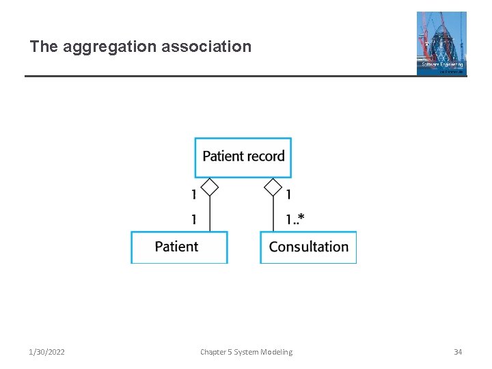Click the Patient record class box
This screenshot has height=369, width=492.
[243, 157]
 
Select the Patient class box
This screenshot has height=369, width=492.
[179, 247]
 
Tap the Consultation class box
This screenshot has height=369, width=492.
[308, 247]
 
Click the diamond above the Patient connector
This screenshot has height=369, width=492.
[210, 187]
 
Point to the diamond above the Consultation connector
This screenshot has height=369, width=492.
[273, 187]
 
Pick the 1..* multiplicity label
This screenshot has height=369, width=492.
[295, 219]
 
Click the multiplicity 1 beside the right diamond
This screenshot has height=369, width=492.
[288, 195]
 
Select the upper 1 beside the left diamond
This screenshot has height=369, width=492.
[194, 195]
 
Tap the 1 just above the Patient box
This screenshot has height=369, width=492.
[194, 219]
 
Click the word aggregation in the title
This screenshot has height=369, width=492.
[109, 47]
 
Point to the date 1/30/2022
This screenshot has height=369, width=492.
[46, 352]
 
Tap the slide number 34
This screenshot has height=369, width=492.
[458, 352]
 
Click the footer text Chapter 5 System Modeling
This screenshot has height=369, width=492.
[246, 352]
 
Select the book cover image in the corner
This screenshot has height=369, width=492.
[441, 42]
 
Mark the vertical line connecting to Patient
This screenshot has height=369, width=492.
[210, 215]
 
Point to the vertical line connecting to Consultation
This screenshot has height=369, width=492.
[273, 215]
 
